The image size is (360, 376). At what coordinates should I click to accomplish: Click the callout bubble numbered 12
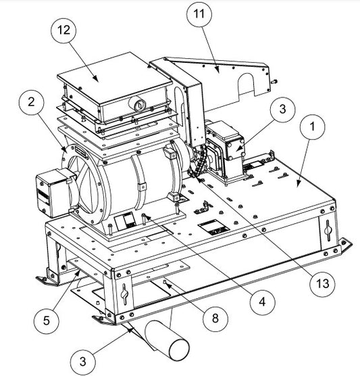coord(63,30)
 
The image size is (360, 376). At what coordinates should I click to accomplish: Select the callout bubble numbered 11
coord(199,14)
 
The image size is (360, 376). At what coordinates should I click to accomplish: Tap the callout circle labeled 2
coord(32,103)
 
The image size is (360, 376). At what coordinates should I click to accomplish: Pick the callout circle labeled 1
coord(312,126)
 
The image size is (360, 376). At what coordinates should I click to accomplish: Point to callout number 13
coord(322,283)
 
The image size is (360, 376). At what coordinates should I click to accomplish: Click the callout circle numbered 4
coord(262,302)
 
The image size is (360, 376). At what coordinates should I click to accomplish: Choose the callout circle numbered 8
coord(215,319)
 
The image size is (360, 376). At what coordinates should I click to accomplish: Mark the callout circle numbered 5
coord(46,321)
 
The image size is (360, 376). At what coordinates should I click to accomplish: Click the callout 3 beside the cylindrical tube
coord(83,361)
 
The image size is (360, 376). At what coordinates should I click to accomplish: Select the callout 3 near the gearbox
coord(282,110)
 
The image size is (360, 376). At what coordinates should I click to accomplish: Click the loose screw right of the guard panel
coord(274,81)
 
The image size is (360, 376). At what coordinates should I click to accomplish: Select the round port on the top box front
coord(138,105)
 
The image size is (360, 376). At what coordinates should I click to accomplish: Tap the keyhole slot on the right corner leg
coord(327,230)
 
